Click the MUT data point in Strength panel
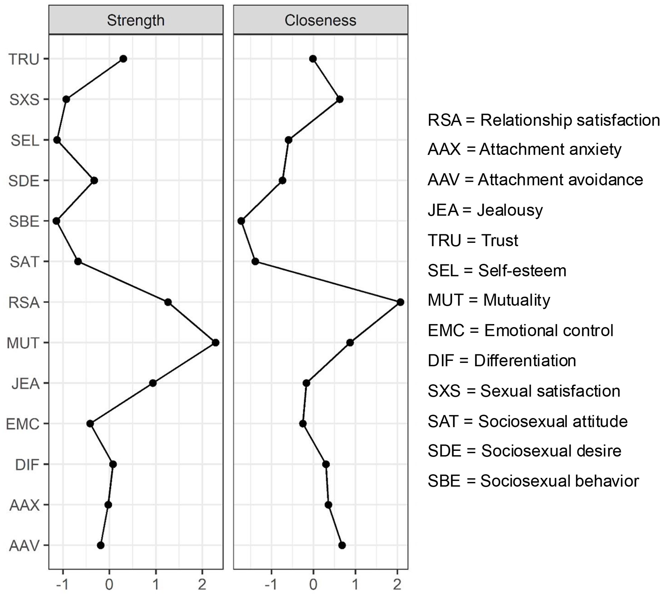coord(215,342)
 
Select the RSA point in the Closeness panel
coord(400,302)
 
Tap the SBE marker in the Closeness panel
coord(241,221)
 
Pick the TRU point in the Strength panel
coord(123,59)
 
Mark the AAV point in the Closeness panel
coord(342,545)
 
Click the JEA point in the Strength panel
coord(153,383)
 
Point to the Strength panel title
coord(135,20)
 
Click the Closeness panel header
coord(320,20)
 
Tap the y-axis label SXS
coord(24,100)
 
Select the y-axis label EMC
coord(23,424)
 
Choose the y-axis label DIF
coord(27,465)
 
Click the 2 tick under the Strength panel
coord(202,585)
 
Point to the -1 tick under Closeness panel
coord(272,585)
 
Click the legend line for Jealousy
coord(485,210)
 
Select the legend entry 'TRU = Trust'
coord(473,240)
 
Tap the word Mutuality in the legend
coord(517,300)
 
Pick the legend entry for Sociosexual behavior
coord(533,481)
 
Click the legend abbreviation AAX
coord(444,150)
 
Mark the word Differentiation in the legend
coord(525,361)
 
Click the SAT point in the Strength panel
coord(78,262)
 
